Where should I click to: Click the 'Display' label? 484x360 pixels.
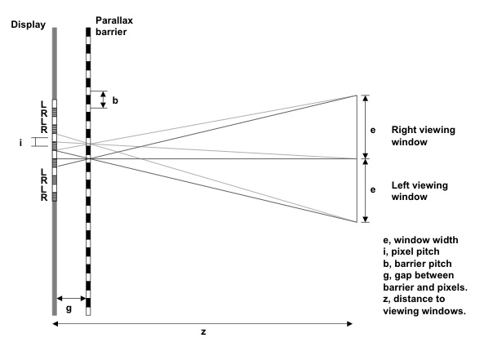tap(28, 24)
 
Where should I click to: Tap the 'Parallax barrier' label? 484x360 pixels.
tap(114, 26)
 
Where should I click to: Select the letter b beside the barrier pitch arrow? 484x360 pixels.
tap(115, 100)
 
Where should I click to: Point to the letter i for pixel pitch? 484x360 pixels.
tap(20, 143)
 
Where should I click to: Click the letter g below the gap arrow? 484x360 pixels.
tap(69, 309)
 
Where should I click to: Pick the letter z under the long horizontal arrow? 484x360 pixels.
tap(203, 332)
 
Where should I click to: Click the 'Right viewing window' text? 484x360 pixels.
tap(423, 136)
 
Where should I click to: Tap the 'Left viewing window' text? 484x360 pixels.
tap(420, 191)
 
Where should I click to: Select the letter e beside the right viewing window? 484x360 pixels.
tap(373, 130)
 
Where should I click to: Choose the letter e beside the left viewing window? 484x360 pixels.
tap(373, 189)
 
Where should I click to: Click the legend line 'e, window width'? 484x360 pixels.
tap(420, 240)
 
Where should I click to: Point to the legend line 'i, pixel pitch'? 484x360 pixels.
tap(411, 251)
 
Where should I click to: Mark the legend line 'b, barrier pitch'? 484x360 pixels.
tap(417, 264)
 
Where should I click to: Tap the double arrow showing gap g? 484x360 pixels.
tap(71, 298)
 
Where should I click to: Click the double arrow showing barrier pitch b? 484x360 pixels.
tap(104, 100)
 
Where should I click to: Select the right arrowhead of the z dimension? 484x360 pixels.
tap(349, 323)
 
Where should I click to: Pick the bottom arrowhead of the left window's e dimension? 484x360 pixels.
tap(365, 220)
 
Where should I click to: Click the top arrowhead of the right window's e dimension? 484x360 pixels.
tap(365, 98)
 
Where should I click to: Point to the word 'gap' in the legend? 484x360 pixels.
tap(401, 276)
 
